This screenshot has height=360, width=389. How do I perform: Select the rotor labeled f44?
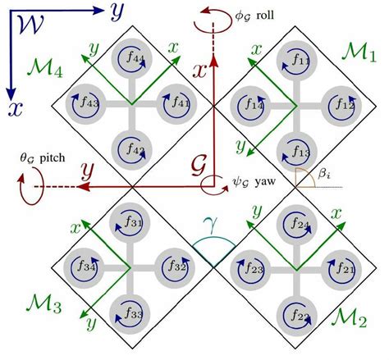coord(131,62)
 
